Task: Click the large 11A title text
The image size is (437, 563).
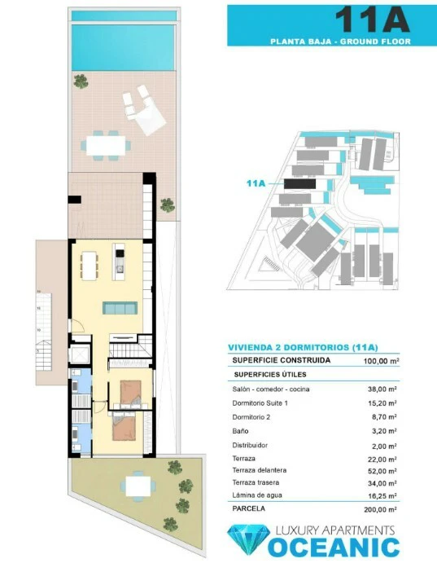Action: (372, 20)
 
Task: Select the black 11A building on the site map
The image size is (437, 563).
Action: (300, 184)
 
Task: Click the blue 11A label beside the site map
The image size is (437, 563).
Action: (256, 183)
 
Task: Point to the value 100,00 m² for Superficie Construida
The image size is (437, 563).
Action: (382, 361)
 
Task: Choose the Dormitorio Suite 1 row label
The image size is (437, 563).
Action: (260, 402)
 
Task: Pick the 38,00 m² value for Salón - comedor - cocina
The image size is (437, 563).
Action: (382, 389)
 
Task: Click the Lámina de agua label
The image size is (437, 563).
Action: (257, 495)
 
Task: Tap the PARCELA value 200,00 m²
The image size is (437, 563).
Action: (380, 509)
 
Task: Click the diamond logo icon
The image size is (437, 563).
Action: (249, 540)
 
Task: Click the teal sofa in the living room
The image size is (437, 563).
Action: (120, 308)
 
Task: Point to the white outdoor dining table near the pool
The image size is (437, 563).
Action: (106, 145)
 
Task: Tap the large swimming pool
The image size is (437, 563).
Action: (123, 47)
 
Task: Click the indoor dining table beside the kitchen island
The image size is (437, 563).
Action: (90, 266)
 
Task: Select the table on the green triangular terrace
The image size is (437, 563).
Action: (138, 486)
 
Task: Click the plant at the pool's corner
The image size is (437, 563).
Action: (81, 81)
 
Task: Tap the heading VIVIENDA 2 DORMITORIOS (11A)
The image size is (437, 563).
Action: (303, 347)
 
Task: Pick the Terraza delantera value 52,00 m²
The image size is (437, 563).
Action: (382, 471)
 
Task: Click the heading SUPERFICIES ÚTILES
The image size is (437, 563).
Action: (270, 375)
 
